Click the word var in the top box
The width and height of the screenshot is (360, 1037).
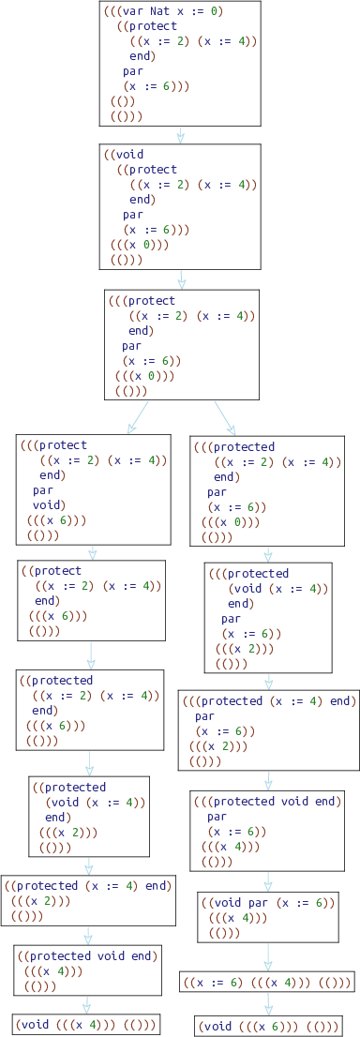[131, 12]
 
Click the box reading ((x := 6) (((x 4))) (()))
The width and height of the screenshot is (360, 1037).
[267, 983]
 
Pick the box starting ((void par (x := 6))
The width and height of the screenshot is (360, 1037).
[269, 917]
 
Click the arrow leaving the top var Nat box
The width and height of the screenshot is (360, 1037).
[180, 134]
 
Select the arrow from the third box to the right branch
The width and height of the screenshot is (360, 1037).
[227, 417]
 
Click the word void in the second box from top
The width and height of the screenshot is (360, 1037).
[131, 154]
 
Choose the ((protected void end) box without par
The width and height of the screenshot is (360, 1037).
[87, 970]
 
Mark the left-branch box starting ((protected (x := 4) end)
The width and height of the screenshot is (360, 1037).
[89, 900]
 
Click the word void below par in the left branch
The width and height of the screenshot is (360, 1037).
[48, 504]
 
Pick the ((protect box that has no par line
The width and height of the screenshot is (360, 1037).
[91, 600]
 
